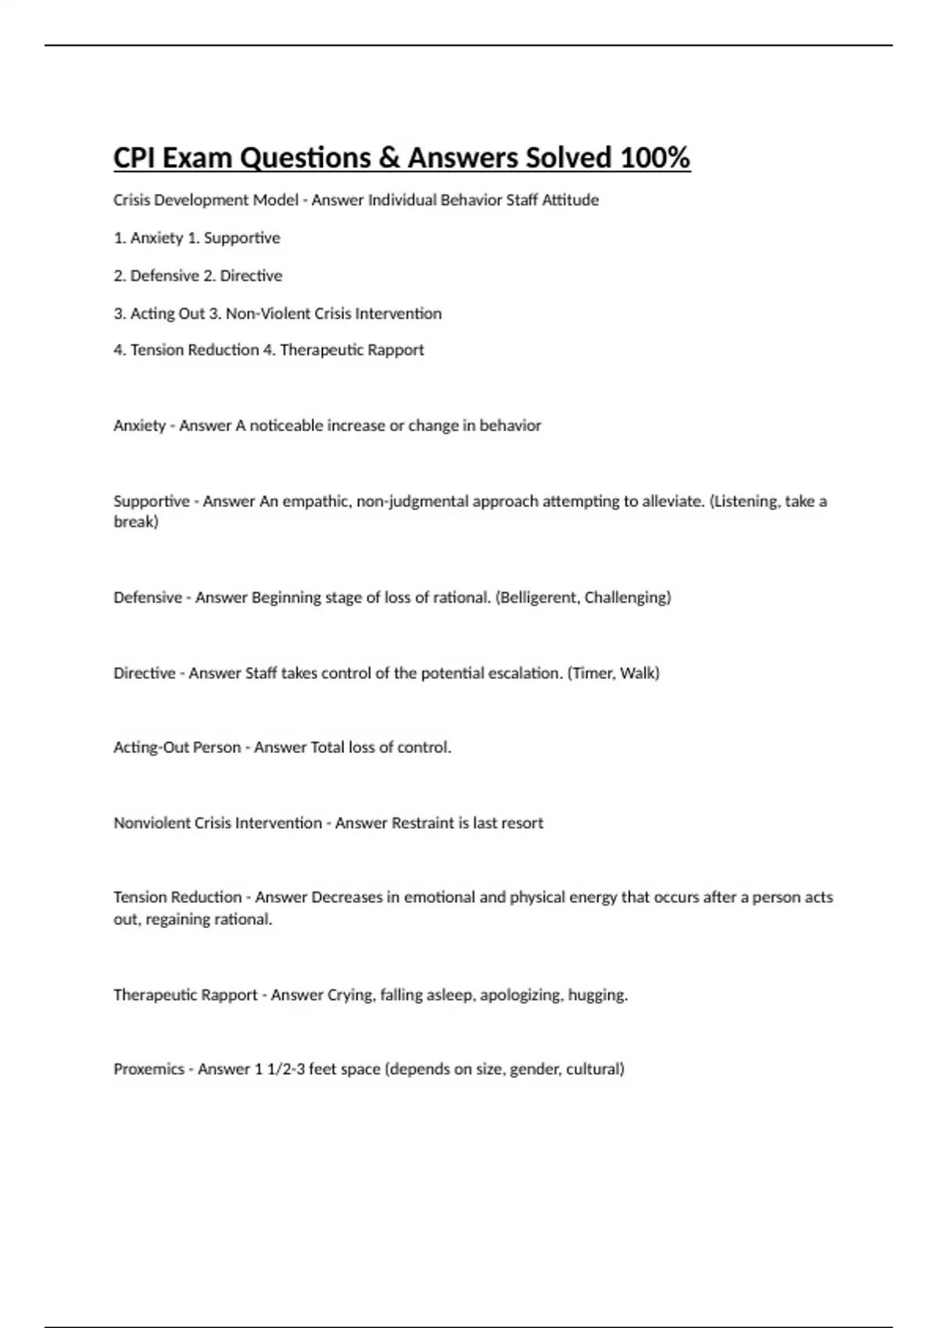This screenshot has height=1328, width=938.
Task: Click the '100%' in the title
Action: [655, 158]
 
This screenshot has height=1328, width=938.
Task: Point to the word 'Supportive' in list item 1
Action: [242, 237]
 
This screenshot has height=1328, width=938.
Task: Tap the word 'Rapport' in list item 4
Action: [397, 350]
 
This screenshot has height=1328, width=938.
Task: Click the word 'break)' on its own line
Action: [136, 522]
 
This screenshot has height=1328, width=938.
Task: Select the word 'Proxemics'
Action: [149, 1069]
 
